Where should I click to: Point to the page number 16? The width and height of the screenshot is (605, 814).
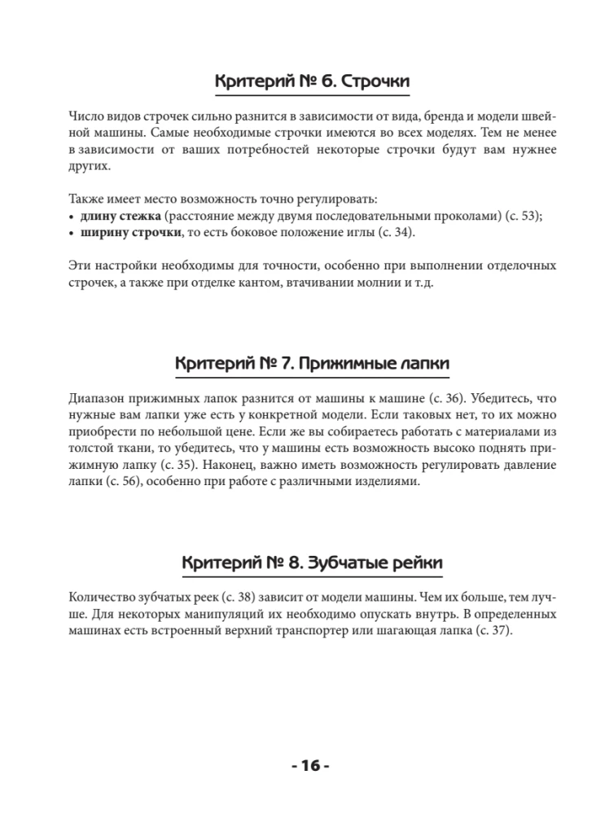(x=309, y=765)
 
